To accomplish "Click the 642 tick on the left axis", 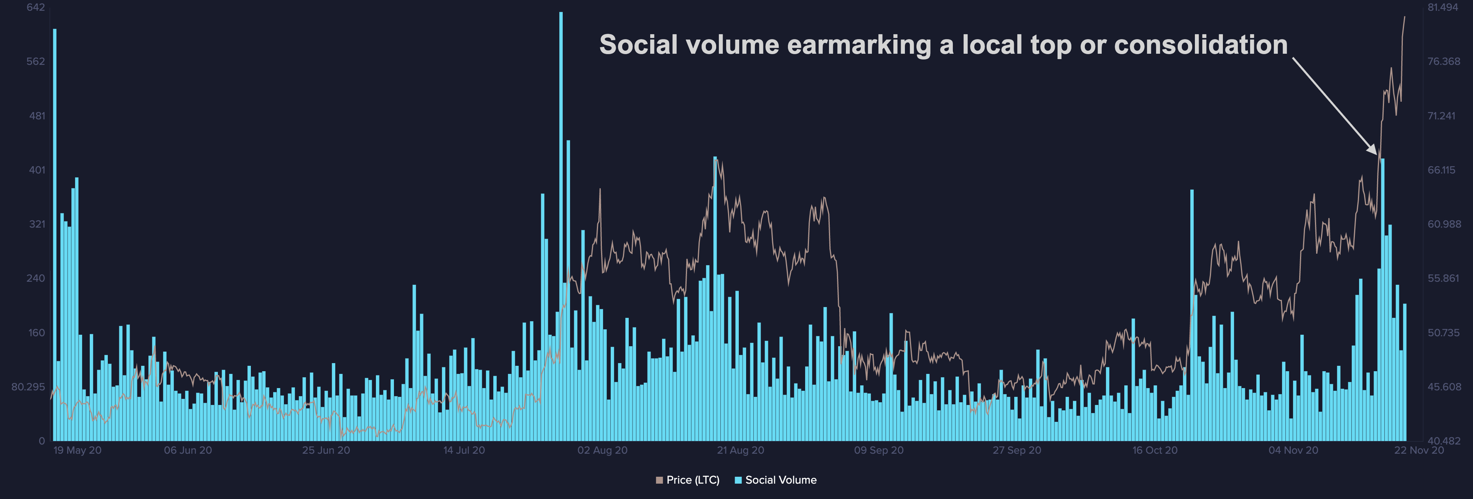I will coord(35,7).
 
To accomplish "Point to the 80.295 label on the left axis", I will coord(28,387).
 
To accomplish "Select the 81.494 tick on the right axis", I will coord(1443,7).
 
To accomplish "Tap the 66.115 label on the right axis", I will coord(1442,170).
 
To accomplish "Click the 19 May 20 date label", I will coord(77,450).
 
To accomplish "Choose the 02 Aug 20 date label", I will coord(602,450).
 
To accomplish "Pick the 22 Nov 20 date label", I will coord(1419,450).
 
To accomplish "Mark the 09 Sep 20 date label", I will coord(879,450).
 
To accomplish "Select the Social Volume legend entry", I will coord(776,480).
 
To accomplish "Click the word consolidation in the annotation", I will coord(1201,45).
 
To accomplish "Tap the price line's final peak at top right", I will coord(1404,17).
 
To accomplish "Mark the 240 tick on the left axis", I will coord(35,278).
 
